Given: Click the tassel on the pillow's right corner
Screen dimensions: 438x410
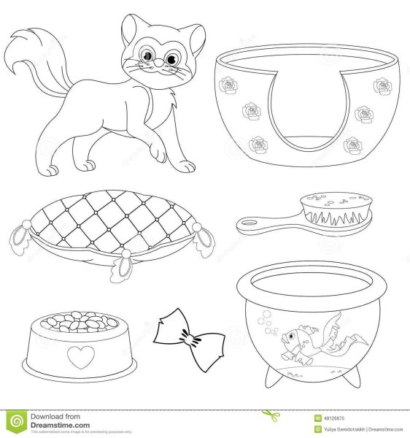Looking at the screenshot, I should tap(207, 238).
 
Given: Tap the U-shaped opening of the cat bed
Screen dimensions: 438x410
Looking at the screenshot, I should tap(302, 109).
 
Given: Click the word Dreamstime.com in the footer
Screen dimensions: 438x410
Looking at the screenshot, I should tap(60, 425).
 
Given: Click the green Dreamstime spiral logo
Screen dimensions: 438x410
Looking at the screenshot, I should tap(16, 421).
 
